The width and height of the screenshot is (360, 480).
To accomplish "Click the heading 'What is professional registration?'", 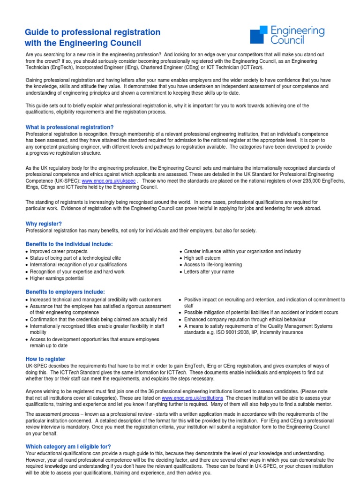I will click(69, 127).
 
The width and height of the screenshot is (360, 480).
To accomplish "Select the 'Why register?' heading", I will click(44, 224).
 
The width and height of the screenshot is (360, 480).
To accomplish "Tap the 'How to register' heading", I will click(45, 359).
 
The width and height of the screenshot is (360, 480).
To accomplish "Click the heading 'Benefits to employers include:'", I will click(65, 292).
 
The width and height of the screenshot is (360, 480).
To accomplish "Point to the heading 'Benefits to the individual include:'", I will click(69, 244).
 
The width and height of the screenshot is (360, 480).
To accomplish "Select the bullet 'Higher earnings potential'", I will click(57, 278).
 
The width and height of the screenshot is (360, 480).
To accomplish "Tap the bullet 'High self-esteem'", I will click(202, 258).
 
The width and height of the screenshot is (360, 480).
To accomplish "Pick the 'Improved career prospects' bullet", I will click(59, 252).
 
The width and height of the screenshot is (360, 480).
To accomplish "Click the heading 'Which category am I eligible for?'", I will click(68, 447).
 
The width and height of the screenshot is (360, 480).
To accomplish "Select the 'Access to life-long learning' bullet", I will click(213, 265).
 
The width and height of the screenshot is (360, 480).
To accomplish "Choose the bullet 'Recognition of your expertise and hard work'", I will click(77, 272).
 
